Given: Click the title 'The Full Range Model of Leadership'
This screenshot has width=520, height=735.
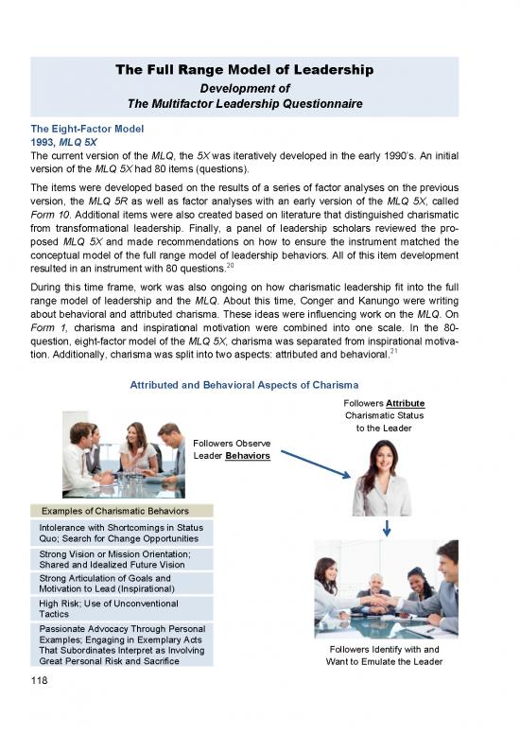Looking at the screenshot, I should coord(244,70).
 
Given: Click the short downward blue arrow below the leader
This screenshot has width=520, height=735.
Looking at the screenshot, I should coord(388,528).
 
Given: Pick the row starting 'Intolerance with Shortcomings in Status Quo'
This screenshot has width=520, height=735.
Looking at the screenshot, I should coord(121,533).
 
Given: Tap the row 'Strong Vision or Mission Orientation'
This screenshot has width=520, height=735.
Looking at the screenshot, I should coord(121,559).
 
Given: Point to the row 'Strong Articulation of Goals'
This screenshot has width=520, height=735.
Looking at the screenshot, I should coord(121,583).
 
